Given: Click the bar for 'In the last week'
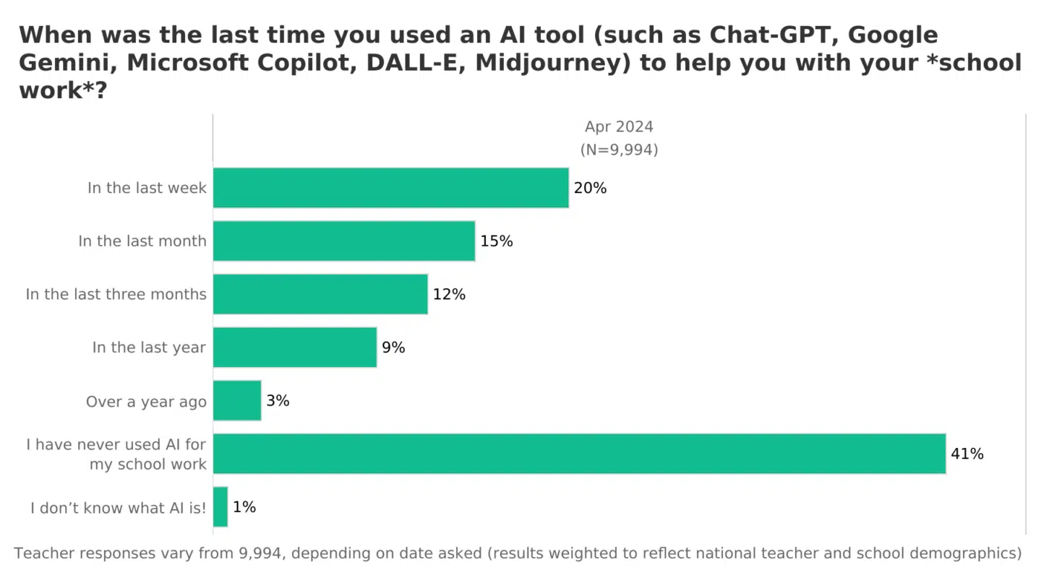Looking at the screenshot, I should tap(390, 188).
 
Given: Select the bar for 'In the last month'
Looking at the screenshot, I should tap(344, 241).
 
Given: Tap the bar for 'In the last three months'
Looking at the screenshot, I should tap(320, 294).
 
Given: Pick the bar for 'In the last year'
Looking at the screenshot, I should tap(295, 348).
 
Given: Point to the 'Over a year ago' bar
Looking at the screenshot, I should tap(237, 400).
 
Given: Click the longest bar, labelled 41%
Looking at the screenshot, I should tap(579, 454).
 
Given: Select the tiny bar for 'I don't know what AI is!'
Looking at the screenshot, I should tap(220, 507).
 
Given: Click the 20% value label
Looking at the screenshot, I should tap(590, 188).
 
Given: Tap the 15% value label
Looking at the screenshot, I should tap(497, 241).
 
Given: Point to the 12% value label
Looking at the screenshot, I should tap(449, 294).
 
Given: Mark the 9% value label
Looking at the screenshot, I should tap(393, 348).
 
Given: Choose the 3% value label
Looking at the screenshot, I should tap(278, 400).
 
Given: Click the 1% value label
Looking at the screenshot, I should tap(244, 507).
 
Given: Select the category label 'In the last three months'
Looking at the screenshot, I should tap(116, 294).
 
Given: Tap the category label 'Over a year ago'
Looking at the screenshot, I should tap(146, 401).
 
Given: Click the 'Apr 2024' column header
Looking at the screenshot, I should tap(619, 126).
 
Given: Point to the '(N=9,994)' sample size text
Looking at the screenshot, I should tap(619, 150).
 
